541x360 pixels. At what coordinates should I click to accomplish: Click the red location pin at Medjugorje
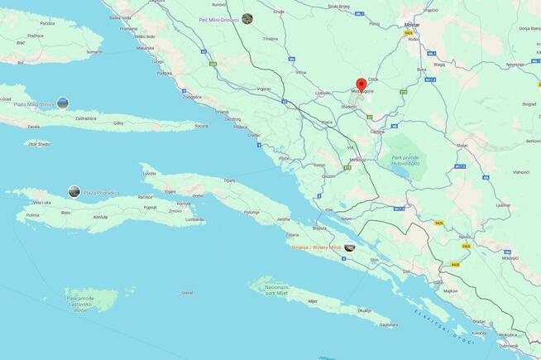point(361,85)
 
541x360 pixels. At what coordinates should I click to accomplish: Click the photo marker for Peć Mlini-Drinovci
point(247,18)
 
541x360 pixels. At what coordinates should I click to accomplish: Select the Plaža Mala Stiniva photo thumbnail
point(63,103)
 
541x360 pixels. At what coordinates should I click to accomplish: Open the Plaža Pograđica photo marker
point(74,192)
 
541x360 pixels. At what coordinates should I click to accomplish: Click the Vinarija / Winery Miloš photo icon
point(350,247)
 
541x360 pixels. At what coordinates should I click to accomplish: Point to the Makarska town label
point(146,47)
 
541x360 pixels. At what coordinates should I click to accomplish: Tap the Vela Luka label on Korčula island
point(41,202)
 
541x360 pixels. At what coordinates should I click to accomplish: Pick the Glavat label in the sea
point(188,292)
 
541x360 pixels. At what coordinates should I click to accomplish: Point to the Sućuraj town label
point(201,126)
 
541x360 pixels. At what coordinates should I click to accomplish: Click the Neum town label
point(347,218)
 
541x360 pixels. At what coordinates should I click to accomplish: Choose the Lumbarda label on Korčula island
point(194,219)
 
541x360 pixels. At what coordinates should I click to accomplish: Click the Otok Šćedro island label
point(39,144)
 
